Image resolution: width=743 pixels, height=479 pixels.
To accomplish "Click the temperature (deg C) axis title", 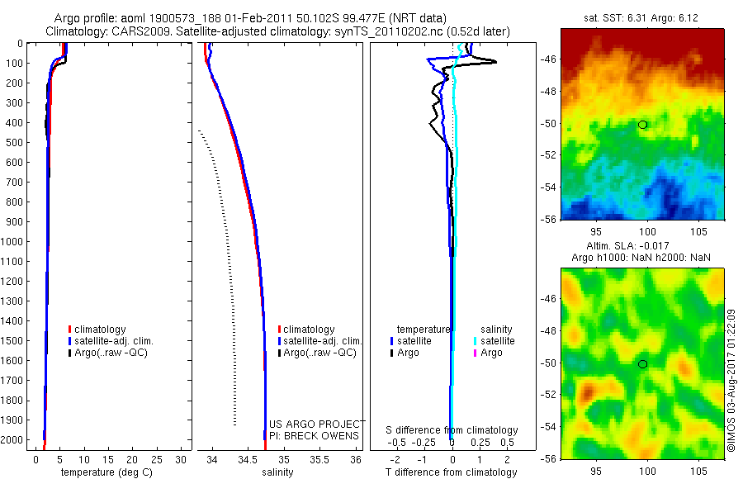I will [100, 472].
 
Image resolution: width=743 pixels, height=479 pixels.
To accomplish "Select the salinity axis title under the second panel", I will [277, 472].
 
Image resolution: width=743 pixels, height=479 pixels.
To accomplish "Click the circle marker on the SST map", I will [642, 125].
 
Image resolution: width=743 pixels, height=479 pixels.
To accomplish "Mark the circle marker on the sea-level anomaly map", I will [642, 364].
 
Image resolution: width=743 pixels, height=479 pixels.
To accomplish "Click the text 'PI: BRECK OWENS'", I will [315, 435].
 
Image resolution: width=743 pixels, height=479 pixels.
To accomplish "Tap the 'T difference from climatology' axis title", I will [452, 472].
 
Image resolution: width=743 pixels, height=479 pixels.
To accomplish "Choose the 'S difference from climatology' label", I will [452, 430].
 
